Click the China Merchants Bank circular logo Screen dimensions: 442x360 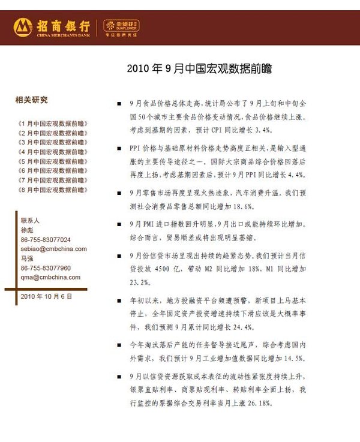(23, 26)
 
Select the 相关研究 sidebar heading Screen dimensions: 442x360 (31, 100)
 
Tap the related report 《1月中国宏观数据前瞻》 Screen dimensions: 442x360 (52, 123)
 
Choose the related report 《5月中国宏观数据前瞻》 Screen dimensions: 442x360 (52, 161)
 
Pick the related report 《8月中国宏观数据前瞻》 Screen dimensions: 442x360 (52, 190)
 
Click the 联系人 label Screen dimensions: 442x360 (30, 220)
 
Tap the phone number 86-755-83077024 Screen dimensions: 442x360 (46, 239)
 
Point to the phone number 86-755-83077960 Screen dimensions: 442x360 (46, 268)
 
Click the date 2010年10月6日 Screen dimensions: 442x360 (46, 296)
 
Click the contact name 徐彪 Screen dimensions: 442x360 (27, 230)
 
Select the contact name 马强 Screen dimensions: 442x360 (27, 258)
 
